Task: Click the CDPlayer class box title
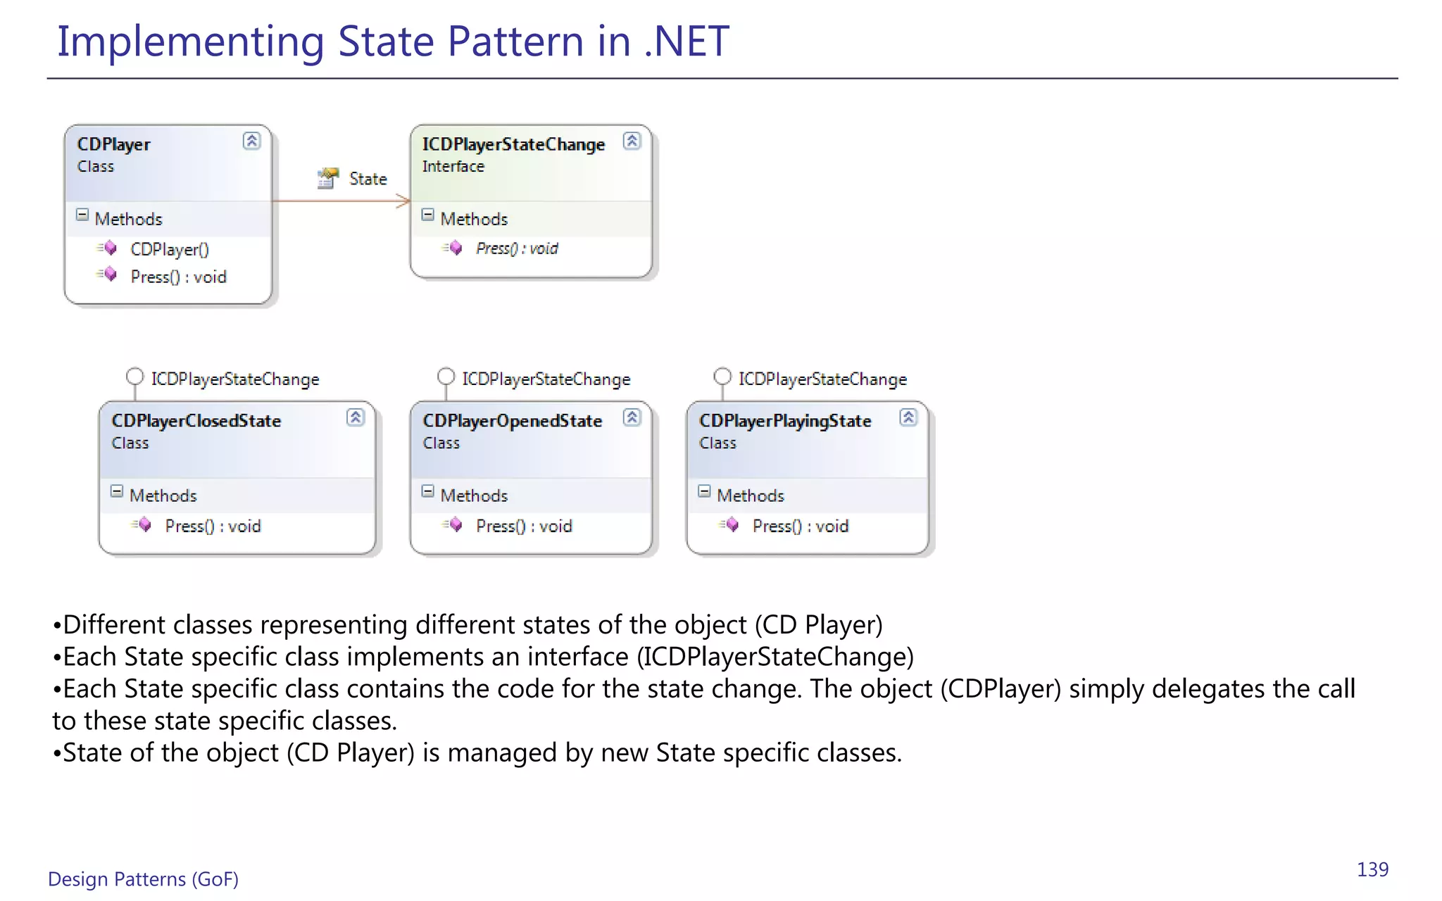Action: (113, 144)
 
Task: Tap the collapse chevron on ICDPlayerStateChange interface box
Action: (632, 141)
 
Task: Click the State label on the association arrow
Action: (368, 179)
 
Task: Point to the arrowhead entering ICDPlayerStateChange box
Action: (405, 201)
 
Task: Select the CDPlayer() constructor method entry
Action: (170, 249)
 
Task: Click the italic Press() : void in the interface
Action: (517, 248)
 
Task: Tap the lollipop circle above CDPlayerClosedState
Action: (134, 377)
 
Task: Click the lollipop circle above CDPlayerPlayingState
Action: (722, 377)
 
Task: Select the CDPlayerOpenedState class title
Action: (512, 421)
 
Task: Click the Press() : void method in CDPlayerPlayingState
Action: (800, 526)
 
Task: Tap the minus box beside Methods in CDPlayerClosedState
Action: (117, 491)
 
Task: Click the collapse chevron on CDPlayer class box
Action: (251, 141)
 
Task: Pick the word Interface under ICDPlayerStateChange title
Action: (453, 167)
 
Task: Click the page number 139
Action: (1372, 869)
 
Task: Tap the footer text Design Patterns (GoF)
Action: (143, 879)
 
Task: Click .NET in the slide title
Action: (686, 41)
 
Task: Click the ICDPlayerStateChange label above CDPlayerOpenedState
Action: (546, 379)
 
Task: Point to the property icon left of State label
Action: (327, 178)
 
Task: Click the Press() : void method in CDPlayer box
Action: (178, 277)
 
